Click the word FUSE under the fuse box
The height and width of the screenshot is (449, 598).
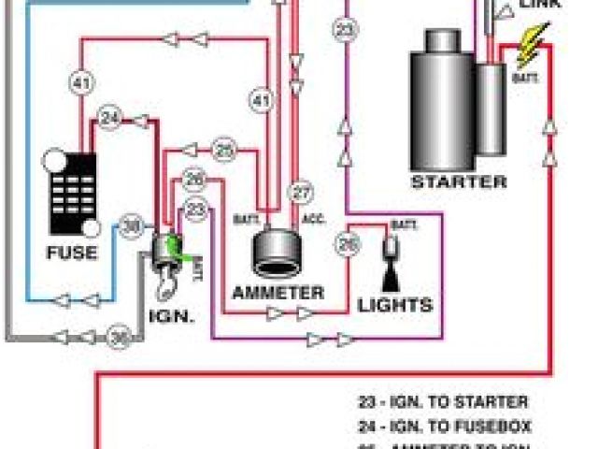click(x=71, y=253)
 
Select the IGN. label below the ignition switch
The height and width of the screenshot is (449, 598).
click(x=171, y=315)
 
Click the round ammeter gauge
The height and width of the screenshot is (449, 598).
click(x=277, y=253)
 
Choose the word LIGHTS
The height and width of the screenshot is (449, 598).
click(x=395, y=304)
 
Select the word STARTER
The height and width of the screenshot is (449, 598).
click(x=459, y=181)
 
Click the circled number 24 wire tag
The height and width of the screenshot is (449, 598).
click(x=111, y=119)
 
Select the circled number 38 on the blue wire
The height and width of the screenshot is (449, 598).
click(x=134, y=225)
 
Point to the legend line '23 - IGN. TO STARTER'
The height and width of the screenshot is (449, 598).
click(x=443, y=403)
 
